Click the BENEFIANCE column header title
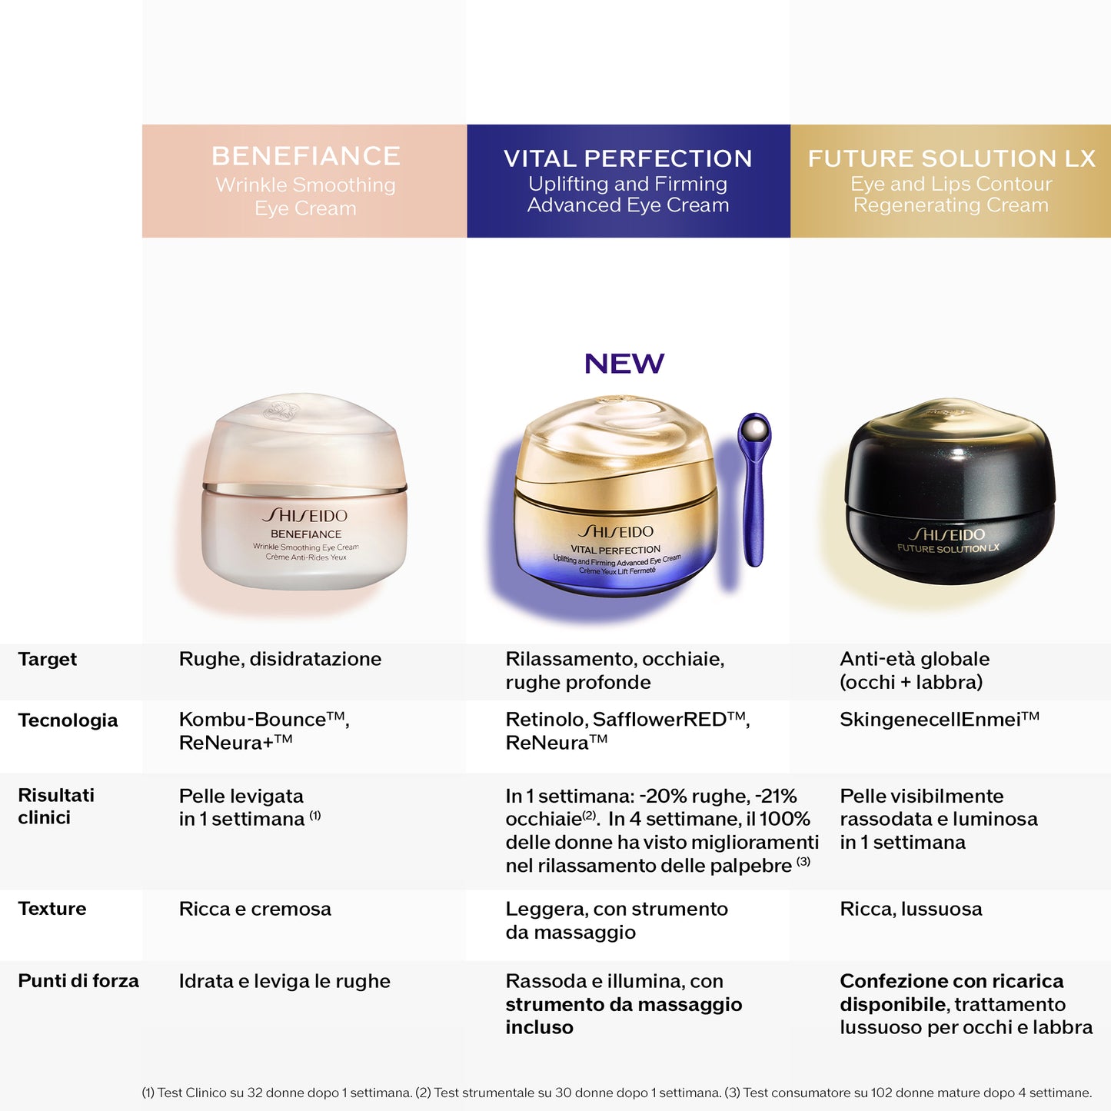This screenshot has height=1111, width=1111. pyautogui.click(x=305, y=156)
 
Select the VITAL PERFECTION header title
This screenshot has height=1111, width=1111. pyautogui.click(x=627, y=158)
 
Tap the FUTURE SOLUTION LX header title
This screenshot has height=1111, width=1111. pyautogui.click(x=951, y=158)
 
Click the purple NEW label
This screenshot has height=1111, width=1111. pyautogui.click(x=624, y=364)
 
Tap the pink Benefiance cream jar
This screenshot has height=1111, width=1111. pyautogui.click(x=304, y=496)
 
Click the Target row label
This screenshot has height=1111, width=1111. pyautogui.click(x=47, y=659)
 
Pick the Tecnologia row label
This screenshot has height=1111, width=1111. pyautogui.click(x=68, y=720)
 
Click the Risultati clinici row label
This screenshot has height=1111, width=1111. pyautogui.click(x=55, y=806)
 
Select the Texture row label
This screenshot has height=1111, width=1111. pyautogui.click(x=52, y=909)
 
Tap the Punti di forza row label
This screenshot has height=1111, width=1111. pyautogui.click(x=78, y=981)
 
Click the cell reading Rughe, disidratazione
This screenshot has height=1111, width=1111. pyautogui.click(x=280, y=659)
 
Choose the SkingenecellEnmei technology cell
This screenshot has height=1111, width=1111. pyautogui.click(x=939, y=720)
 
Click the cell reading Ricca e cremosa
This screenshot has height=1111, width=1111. pyautogui.click(x=254, y=909)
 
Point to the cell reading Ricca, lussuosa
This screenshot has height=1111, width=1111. pyautogui.click(x=910, y=909)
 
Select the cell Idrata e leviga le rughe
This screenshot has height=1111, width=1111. pyautogui.click(x=284, y=981)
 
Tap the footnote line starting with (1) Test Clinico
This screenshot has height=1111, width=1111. pyautogui.click(x=617, y=1093)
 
